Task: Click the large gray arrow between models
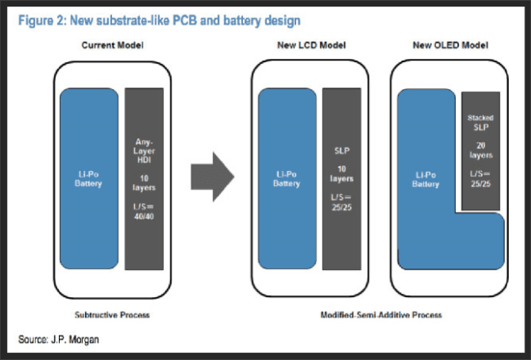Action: tap(211, 176)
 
